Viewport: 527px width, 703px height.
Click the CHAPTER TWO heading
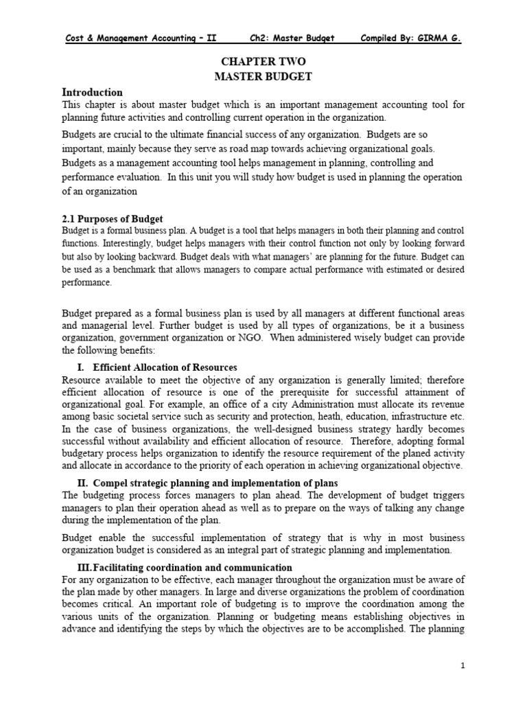coord(264,62)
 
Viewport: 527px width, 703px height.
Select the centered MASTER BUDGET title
coord(264,76)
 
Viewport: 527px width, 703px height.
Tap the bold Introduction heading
coord(93,92)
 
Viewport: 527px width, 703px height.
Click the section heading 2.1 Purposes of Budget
coord(112,218)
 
